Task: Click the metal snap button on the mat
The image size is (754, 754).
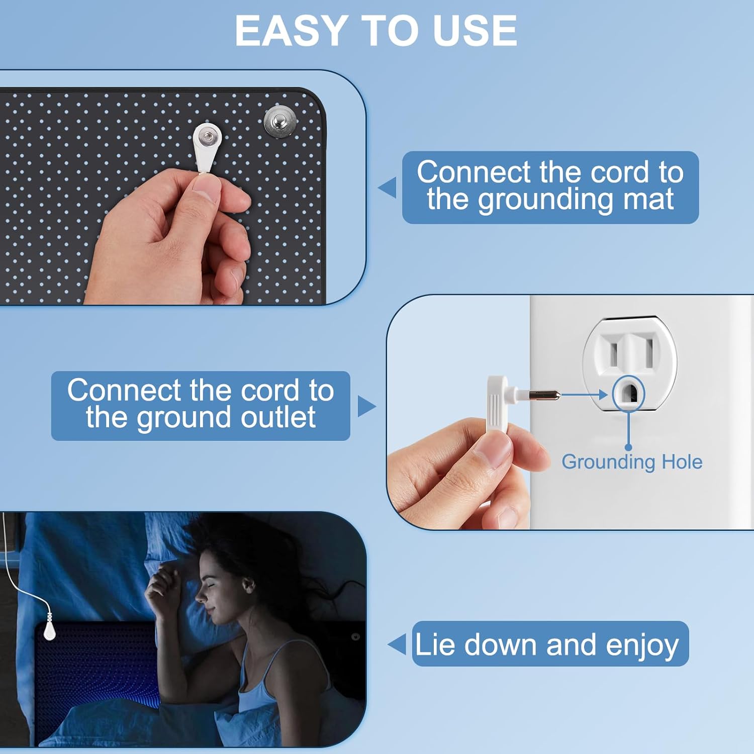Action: pos(280,121)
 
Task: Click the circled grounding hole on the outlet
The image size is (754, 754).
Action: pos(628,394)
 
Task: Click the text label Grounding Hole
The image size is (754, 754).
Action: pos(632,462)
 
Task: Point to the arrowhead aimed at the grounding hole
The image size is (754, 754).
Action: pos(603,395)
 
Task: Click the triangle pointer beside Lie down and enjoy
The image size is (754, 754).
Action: pos(397,644)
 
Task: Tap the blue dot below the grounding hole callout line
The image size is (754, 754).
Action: pos(628,447)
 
